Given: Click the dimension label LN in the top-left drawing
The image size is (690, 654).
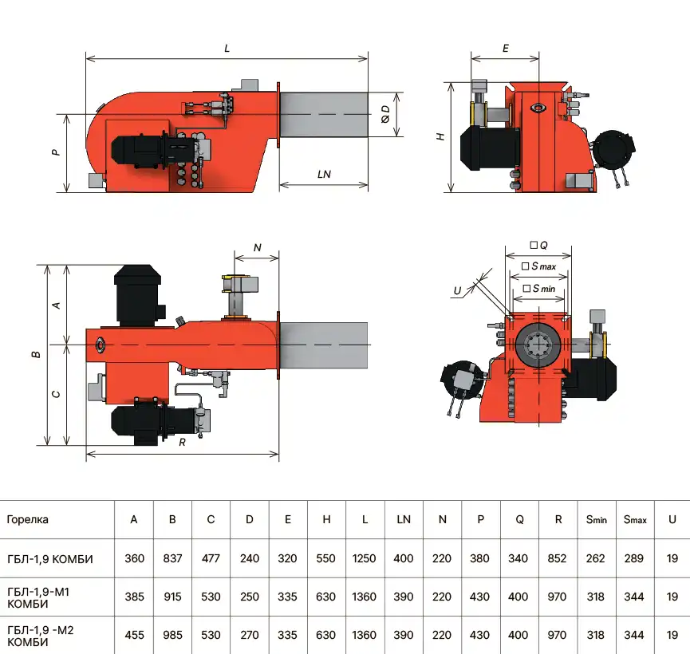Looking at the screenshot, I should coord(323,174).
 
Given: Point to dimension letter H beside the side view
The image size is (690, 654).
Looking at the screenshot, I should coord(440,136).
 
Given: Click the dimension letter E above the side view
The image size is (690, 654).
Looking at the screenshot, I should coord(505,48).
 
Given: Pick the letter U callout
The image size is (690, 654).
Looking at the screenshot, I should coord(457,291).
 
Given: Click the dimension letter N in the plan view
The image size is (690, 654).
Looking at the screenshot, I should coord(257,248).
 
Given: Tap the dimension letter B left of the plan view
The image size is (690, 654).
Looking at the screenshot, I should coord(37,354).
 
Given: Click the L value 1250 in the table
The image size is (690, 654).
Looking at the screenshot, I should coord(365,558).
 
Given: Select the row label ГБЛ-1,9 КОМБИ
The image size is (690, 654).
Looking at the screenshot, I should coord(49,558).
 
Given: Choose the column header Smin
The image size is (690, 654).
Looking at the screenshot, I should coord(596,519).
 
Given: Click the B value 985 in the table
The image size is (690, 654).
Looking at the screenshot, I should coord(172,635).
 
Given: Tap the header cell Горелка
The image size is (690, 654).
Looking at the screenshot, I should coord(27,519).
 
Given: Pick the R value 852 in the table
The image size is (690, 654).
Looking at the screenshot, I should coord(558,558).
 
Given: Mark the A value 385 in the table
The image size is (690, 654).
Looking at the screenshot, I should coord(134,597).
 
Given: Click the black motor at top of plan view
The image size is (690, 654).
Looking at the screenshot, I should coord(139,296).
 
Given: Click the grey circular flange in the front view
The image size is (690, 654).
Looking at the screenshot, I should coord(538,345).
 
